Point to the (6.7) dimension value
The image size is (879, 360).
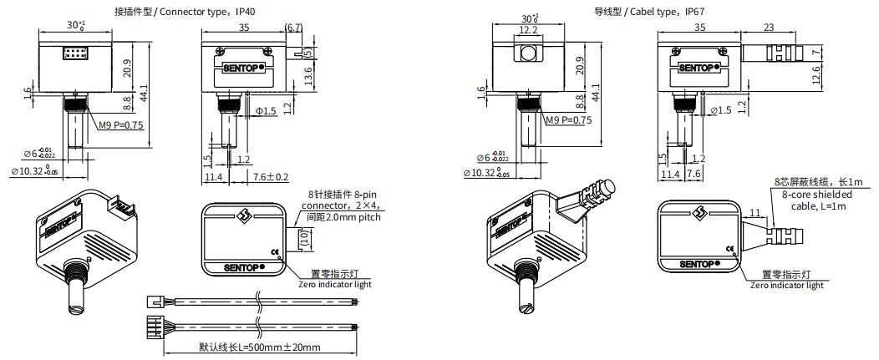pyautogui.click(x=293, y=27)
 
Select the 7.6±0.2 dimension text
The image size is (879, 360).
pyautogui.click(x=271, y=176)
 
